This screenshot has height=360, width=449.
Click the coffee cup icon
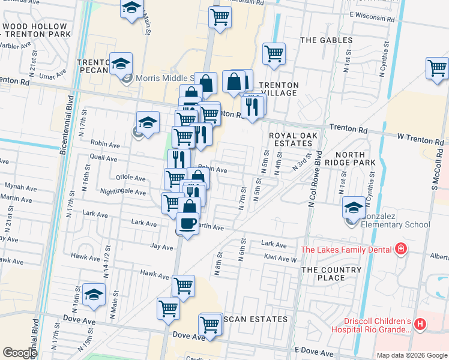coord(188,224)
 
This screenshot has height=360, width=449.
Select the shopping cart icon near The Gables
coord(274,53)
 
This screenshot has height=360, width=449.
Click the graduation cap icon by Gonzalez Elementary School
coord(354,208)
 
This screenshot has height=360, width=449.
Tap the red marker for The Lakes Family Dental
coord(399,249)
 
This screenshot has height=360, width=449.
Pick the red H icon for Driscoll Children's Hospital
coord(420,325)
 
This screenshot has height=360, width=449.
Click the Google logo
coord(20,353)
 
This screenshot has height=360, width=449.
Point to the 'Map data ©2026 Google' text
coord(411,355)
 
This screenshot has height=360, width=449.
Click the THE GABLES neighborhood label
coord(326,40)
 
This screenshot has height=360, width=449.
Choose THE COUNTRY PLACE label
coord(331,274)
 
